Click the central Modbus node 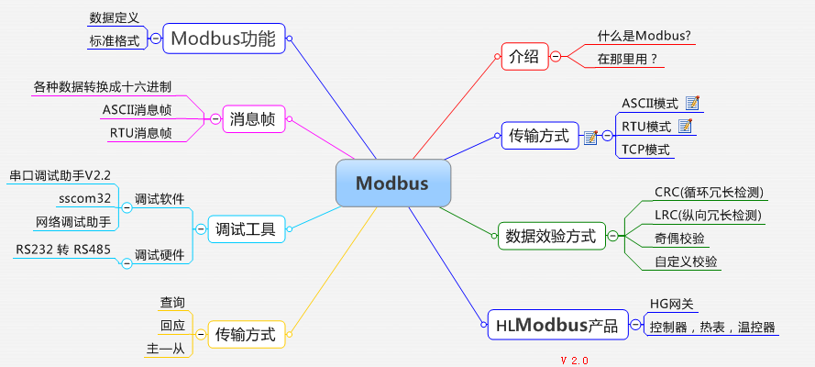point(392,183)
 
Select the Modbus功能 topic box point(222,39)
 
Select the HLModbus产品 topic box point(556,326)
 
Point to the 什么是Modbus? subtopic point(644,36)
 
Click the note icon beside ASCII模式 point(693,102)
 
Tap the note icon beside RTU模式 point(684,126)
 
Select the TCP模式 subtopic point(645,150)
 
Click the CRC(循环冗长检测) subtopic point(709,193)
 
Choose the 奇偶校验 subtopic point(679,239)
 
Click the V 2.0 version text point(574,360)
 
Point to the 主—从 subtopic point(165,349)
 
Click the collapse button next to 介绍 point(555,57)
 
